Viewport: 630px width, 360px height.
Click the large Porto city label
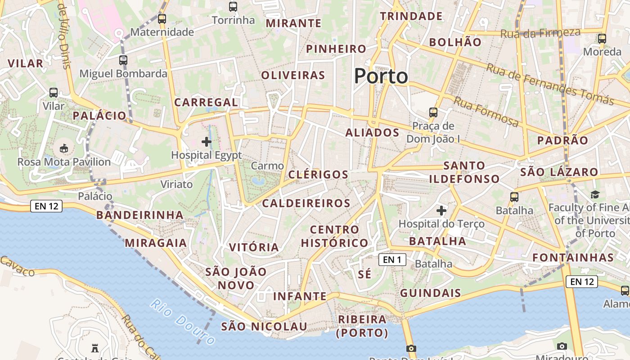381,76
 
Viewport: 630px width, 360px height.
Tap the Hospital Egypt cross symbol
207,142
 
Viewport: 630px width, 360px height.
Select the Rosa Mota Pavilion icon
64,148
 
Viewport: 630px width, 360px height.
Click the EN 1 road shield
392,260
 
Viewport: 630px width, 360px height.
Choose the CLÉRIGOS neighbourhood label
318,175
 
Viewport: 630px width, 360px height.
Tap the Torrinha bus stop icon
233,7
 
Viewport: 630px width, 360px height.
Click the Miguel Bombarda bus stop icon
123,60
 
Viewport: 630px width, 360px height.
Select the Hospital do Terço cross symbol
441,210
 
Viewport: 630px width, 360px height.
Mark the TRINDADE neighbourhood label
411,17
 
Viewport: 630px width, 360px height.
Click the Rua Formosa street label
486,112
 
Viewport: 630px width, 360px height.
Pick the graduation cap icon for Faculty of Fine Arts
595,194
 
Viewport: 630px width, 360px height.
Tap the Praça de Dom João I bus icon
433,112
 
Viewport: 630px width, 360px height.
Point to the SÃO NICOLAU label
264,327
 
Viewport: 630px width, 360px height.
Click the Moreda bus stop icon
602,39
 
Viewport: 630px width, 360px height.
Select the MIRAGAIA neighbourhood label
156,243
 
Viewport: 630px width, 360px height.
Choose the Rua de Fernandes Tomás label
550,84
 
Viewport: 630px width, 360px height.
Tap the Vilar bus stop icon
54,93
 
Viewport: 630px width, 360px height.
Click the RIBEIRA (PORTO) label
362,326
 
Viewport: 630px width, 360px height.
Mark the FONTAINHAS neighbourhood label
573,258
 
